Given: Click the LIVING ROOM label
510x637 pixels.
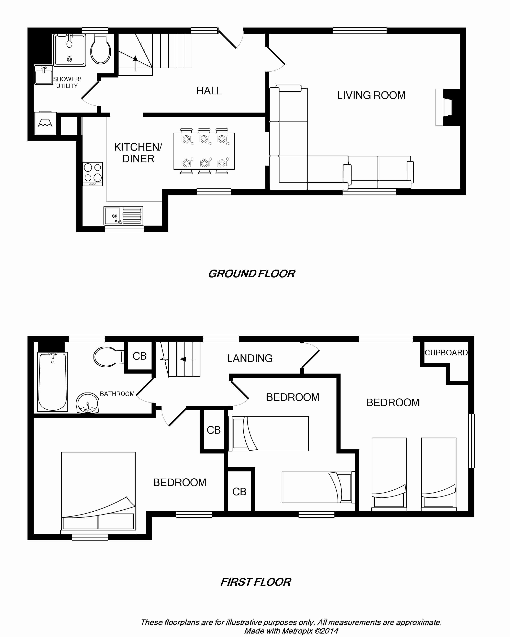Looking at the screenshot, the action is pos(371,95).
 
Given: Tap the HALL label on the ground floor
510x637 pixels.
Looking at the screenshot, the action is pos(209,91).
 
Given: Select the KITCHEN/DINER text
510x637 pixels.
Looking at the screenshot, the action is pos(138,153).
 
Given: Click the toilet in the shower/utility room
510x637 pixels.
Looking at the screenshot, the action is pos(101,49).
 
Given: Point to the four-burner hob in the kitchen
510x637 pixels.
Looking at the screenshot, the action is pos(93,174).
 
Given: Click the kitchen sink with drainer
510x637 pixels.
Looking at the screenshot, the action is pos(123,215).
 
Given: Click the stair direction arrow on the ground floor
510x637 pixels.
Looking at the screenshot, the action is pos(135,63).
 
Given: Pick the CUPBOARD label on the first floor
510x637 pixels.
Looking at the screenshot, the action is pos(446,353).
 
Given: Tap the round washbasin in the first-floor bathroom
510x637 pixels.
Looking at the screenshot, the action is pos(88,403).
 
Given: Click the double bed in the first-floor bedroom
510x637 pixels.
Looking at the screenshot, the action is pos(98,492).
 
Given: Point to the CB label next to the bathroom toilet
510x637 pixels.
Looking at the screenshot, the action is pos(139,356).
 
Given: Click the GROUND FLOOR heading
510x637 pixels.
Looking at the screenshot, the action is pos(252,274).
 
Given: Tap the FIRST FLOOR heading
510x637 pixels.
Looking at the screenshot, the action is pos(256,582).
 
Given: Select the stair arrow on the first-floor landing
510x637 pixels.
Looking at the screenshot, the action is pos(188,359).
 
